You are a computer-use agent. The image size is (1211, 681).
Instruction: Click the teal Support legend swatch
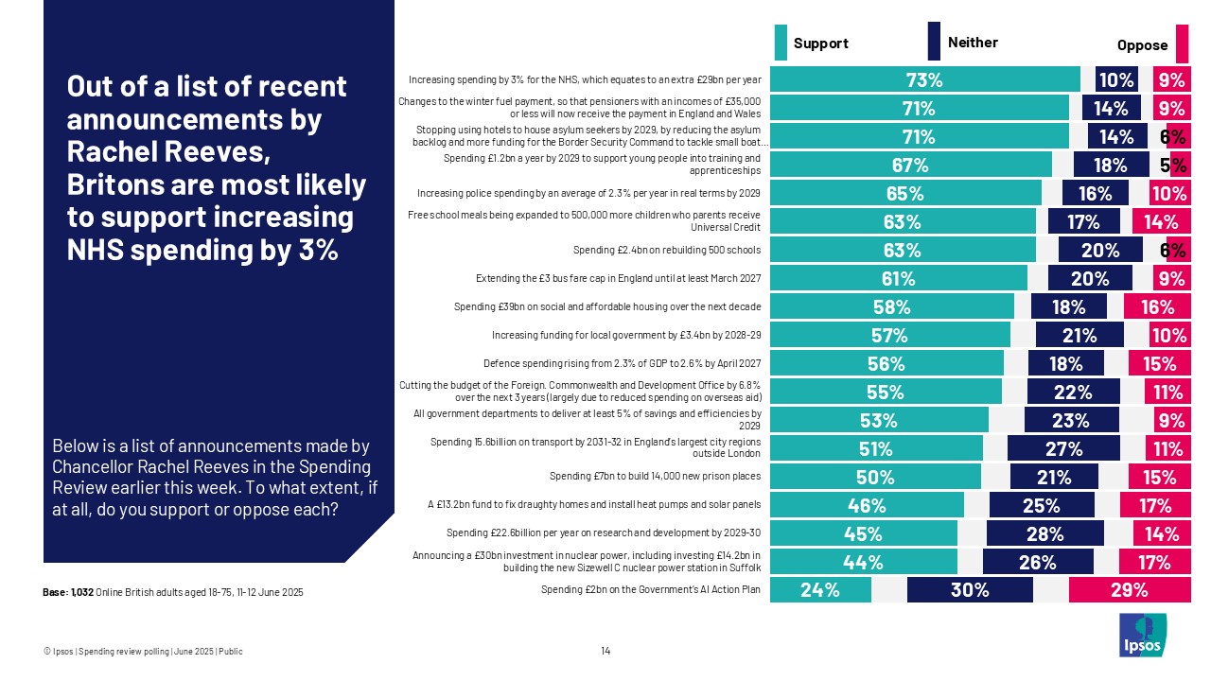(x=781, y=43)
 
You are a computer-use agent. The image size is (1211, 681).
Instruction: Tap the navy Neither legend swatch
(x=934, y=42)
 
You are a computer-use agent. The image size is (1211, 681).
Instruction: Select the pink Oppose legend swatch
(x=1182, y=43)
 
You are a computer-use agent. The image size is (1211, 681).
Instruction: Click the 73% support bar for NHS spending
(x=924, y=80)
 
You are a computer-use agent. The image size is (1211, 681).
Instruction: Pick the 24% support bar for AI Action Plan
(x=820, y=590)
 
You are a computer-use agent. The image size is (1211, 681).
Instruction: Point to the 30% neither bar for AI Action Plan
(x=970, y=590)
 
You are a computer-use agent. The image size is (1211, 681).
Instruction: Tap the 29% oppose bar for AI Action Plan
(x=1129, y=590)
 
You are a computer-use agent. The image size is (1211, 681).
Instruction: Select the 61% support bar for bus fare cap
(x=898, y=278)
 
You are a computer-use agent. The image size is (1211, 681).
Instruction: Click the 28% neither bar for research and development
(x=1044, y=533)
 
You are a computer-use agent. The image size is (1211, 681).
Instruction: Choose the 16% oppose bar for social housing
(x=1156, y=306)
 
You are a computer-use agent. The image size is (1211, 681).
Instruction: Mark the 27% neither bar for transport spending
(x=1062, y=448)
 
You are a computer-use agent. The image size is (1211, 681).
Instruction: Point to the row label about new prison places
(x=655, y=476)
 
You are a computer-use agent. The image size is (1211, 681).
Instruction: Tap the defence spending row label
(x=622, y=363)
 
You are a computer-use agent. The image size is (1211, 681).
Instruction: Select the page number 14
(x=605, y=651)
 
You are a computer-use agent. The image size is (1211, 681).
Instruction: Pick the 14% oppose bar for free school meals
(x=1160, y=221)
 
